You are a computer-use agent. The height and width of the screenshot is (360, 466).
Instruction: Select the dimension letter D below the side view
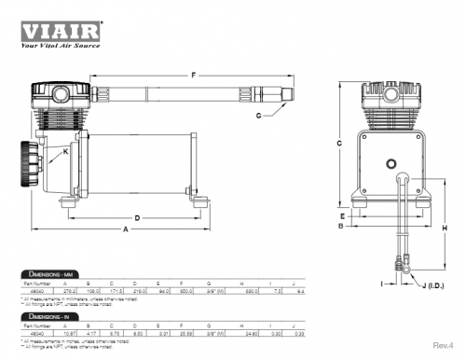tap(137, 218)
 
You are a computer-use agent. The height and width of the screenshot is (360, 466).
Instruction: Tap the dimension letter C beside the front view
tap(340, 144)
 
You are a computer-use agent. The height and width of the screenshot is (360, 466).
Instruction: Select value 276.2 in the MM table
tap(69, 293)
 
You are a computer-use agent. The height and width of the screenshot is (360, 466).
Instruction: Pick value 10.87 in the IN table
tap(69, 336)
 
